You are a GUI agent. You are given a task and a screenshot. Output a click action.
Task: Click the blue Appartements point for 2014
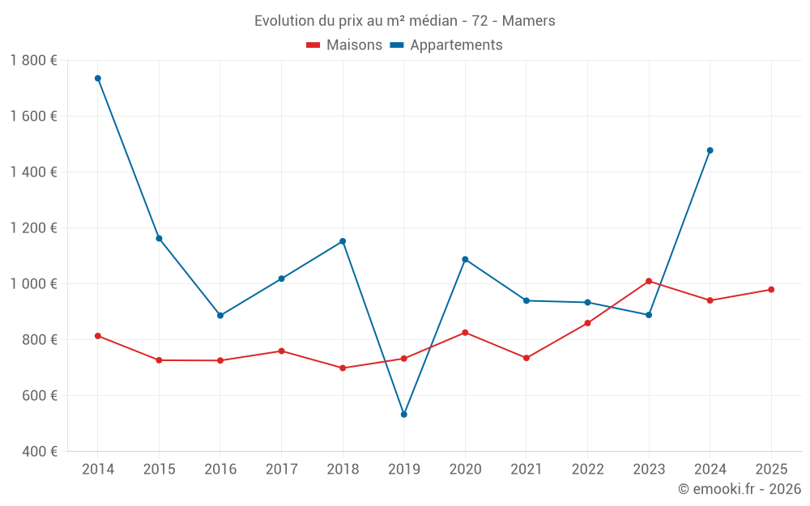tap(98, 79)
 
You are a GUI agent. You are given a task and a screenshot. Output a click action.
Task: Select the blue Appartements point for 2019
tap(404, 415)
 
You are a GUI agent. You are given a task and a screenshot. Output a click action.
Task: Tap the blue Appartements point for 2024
tap(710, 151)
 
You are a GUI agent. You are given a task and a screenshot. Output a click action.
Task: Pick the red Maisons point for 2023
tap(649, 281)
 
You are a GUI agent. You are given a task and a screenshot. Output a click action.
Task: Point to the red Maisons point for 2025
tap(771, 290)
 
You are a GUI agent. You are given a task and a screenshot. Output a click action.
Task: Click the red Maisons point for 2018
tap(343, 368)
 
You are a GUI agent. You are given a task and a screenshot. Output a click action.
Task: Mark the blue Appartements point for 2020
tap(465, 259)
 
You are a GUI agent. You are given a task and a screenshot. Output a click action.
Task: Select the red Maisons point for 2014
tap(98, 336)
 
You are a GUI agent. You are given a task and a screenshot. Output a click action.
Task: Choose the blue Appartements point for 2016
tap(220, 316)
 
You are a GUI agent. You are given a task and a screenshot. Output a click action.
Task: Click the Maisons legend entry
tap(344, 45)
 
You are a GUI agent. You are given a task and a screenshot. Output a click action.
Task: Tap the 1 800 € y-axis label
tap(34, 61)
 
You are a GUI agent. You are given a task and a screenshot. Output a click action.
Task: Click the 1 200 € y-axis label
tap(34, 228)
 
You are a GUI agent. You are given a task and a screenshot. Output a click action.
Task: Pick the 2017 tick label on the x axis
tap(281, 470)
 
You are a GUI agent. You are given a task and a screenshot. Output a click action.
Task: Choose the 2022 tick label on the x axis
tap(587, 470)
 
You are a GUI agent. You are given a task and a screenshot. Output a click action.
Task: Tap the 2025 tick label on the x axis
tap(771, 470)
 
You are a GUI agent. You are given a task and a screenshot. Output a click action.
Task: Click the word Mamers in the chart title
tap(531, 21)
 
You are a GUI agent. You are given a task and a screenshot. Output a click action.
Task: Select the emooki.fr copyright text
tap(740, 489)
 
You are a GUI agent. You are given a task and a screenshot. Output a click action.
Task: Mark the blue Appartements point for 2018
tap(343, 241)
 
